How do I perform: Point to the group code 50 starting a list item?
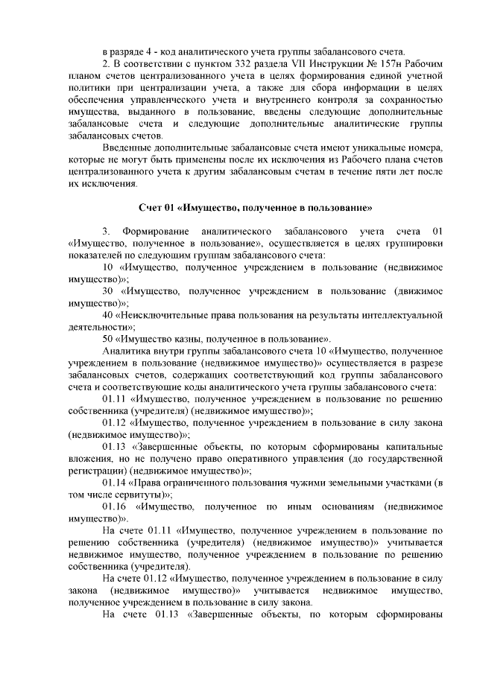108,338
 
